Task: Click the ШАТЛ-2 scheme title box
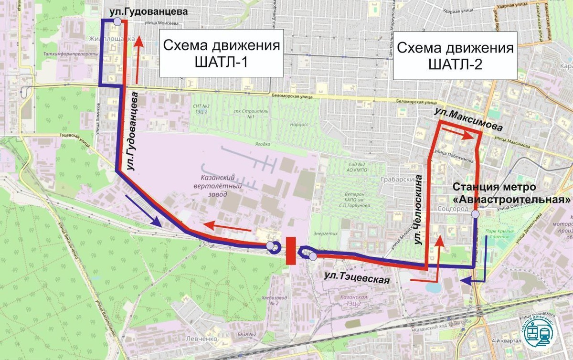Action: click(455, 56)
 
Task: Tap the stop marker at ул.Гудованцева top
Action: click(117, 21)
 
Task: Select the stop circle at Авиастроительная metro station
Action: click(475, 214)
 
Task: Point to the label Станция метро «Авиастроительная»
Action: click(511, 192)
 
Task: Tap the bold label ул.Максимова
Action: click(468, 119)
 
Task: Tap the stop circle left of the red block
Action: click(271, 246)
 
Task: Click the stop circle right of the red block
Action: click(312, 257)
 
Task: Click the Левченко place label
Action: click(206, 339)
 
